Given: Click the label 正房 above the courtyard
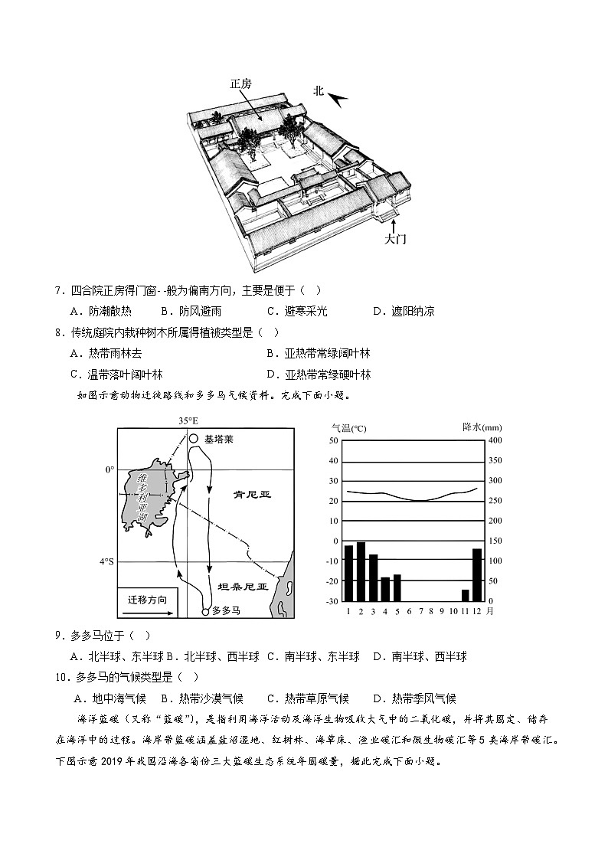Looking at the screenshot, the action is (x=240, y=84).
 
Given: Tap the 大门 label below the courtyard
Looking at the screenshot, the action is (x=395, y=239).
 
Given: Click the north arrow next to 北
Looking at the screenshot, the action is (x=338, y=97).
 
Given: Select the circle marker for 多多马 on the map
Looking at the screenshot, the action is (x=204, y=611).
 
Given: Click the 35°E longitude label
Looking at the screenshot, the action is (x=188, y=421).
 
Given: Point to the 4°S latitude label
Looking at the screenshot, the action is (x=106, y=561).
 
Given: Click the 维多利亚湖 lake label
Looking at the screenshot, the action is (x=142, y=498).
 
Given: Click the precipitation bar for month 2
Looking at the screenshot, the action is (x=361, y=571).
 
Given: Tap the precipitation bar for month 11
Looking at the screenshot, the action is (x=465, y=595).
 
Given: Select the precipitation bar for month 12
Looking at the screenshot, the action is (x=477, y=574).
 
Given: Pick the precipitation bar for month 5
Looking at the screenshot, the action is (x=397, y=587).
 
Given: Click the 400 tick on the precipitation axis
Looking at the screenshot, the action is (x=495, y=440).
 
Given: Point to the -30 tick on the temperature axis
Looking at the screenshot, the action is (x=332, y=601).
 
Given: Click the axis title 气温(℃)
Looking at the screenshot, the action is (x=348, y=427).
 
